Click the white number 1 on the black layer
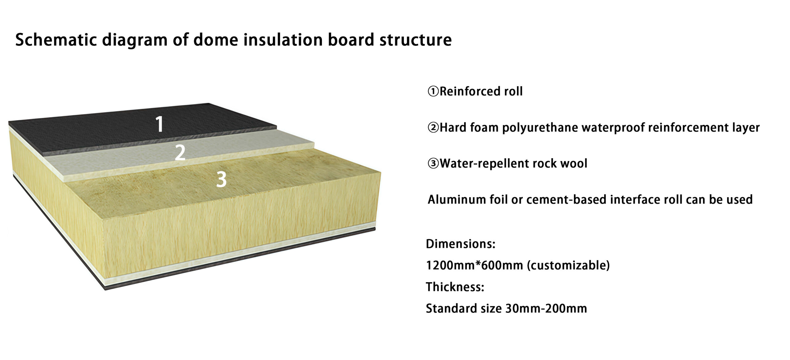pyautogui.click(x=159, y=124)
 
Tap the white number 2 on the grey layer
pyautogui.click(x=180, y=152)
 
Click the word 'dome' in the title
pyautogui.click(x=215, y=40)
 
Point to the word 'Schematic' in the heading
pyautogui.click(x=56, y=40)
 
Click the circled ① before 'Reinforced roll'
pyautogui.click(x=433, y=91)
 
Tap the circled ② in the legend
pyautogui.click(x=433, y=127)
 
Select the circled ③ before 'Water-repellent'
pyautogui.click(x=433, y=163)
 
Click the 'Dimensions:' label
pyautogui.click(x=461, y=244)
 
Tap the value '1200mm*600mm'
pyautogui.click(x=475, y=265)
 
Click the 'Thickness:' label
pyautogui.click(x=455, y=287)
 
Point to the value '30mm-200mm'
pyautogui.click(x=546, y=308)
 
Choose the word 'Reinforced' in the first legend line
pyautogui.click(x=470, y=91)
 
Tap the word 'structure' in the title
pyautogui.click(x=415, y=40)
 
